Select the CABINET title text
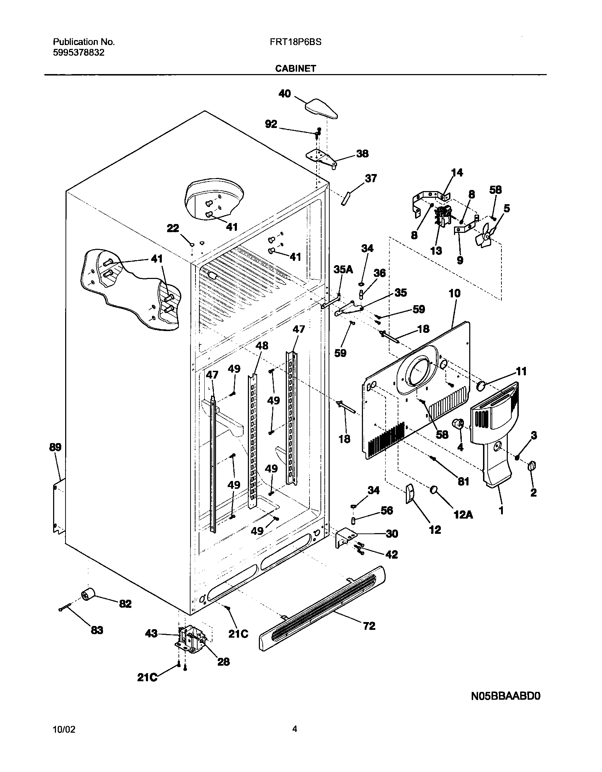click(x=296, y=69)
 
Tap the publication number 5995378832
click(x=79, y=53)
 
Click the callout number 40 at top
click(x=285, y=94)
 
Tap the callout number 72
click(x=369, y=626)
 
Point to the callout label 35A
click(x=343, y=270)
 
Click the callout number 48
click(x=262, y=346)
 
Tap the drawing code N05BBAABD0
click(x=506, y=696)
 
